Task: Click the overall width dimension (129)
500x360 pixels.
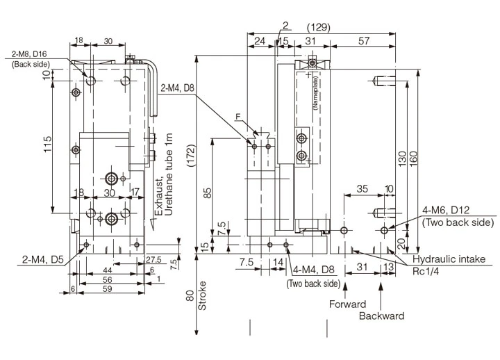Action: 318,28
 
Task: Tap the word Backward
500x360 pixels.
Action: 381,316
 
